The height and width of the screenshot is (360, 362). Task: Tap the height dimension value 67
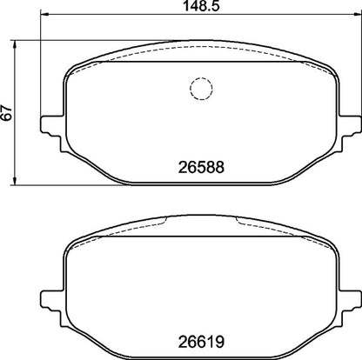click(x=8, y=113)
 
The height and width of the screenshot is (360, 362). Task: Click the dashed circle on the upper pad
click(x=201, y=89)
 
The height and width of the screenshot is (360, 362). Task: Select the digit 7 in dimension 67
click(x=8, y=109)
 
